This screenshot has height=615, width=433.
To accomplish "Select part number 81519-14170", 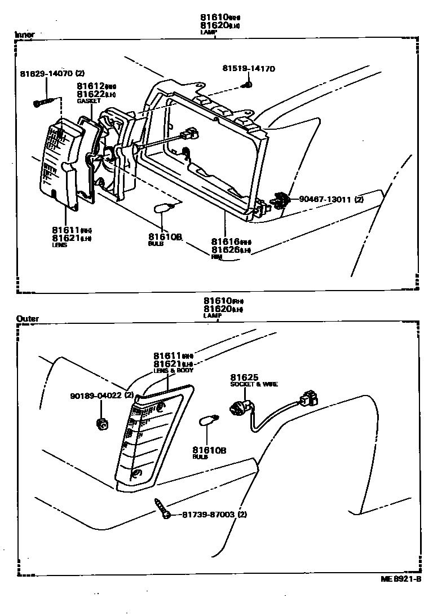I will (248, 69).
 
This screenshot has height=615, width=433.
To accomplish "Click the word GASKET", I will (89, 101).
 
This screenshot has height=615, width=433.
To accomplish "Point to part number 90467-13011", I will (324, 199).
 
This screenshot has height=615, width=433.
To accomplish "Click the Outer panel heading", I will (28, 319).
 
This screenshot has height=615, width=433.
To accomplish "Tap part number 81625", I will (241, 377).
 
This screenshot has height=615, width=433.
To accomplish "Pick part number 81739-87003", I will (208, 515).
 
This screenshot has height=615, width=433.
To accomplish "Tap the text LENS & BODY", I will (173, 371).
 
